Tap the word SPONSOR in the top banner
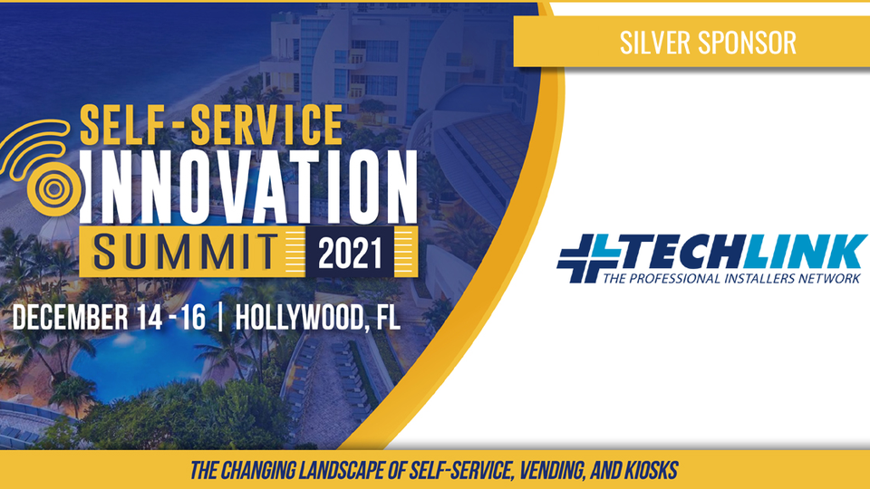(x=747, y=43)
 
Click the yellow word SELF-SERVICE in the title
(x=211, y=125)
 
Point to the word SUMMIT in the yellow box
(x=186, y=253)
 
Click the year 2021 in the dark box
(x=350, y=254)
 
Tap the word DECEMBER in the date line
(x=70, y=318)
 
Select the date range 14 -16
(x=171, y=318)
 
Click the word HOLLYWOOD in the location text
(x=301, y=318)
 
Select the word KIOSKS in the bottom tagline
(x=651, y=470)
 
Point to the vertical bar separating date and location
(x=221, y=318)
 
